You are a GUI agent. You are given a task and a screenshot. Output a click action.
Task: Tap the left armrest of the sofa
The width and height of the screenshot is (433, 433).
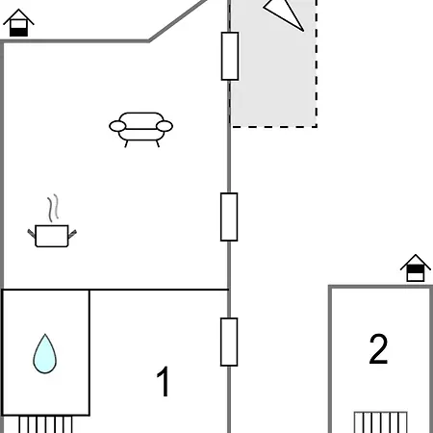[x=117, y=126]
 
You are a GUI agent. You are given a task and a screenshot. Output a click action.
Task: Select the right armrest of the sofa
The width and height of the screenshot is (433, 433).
[x=165, y=126]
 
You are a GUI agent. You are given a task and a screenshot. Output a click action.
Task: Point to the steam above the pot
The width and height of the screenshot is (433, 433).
[x=53, y=208]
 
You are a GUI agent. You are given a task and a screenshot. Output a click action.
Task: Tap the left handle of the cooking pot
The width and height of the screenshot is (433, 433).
[x=32, y=233]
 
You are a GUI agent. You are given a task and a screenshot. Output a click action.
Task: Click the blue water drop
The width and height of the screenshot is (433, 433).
[x=45, y=354]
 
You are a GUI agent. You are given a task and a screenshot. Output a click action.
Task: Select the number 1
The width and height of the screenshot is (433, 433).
[x=164, y=381]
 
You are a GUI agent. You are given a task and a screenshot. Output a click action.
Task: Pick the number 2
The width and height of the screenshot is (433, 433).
[x=378, y=348]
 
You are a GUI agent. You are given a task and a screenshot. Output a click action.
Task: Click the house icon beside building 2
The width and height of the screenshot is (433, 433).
[x=416, y=268]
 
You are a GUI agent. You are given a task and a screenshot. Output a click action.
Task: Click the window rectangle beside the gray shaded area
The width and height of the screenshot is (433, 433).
[x=230, y=56]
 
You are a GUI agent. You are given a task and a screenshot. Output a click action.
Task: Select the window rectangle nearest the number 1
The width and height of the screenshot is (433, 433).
[x=229, y=342]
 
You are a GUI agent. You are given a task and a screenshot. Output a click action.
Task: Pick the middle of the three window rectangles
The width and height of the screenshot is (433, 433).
[x=229, y=216]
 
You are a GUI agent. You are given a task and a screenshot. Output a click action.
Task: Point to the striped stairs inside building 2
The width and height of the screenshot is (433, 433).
[x=381, y=422]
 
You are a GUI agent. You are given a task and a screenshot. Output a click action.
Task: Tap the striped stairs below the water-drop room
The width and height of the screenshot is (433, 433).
[x=45, y=424]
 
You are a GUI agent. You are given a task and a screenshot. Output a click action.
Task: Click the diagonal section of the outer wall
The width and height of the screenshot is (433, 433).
[x=178, y=20]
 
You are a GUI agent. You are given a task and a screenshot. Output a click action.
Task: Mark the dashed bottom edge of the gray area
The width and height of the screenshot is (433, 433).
[x=274, y=127]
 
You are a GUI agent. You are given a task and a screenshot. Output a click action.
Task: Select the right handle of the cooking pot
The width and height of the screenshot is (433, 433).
[x=72, y=234]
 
